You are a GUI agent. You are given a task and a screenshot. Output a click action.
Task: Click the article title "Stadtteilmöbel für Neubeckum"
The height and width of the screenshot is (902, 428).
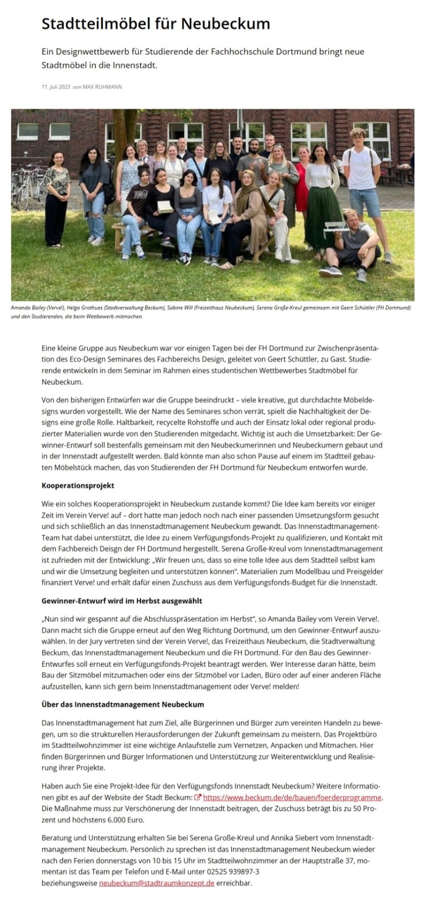[156, 24]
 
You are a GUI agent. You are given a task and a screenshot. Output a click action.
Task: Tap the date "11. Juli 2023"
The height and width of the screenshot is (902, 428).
[55, 87]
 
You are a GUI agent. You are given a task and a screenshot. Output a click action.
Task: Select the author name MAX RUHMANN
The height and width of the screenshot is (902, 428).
[102, 87]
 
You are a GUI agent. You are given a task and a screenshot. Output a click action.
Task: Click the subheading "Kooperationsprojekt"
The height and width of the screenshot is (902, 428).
[78, 485]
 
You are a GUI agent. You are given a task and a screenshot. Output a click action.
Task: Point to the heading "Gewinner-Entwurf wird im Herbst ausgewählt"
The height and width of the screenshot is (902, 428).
[122, 601]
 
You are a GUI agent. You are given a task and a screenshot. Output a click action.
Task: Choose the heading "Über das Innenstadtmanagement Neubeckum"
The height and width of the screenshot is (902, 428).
[123, 704]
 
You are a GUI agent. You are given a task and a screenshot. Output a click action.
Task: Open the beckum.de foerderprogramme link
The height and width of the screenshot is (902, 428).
[292, 797]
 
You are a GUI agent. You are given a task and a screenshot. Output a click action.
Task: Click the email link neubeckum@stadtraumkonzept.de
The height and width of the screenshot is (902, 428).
[156, 870]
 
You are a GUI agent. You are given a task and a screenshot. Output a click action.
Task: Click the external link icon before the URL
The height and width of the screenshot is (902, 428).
[198, 797]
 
